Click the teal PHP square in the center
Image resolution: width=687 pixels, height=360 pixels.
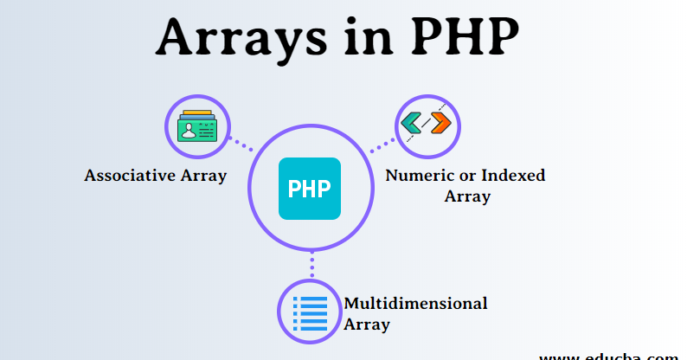point(309,189)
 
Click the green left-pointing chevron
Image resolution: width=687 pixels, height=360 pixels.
point(413,125)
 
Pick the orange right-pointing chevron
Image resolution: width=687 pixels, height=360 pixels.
point(440,125)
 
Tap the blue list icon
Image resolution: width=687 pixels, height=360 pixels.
point(310,312)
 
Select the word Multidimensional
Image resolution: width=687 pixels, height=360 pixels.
point(415,304)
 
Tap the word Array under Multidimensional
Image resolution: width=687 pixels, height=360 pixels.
point(366,325)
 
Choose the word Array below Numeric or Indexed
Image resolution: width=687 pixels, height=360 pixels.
point(467,196)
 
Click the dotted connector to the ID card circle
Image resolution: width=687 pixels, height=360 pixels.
point(241,144)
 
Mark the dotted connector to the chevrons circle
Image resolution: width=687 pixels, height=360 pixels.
point(382,145)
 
